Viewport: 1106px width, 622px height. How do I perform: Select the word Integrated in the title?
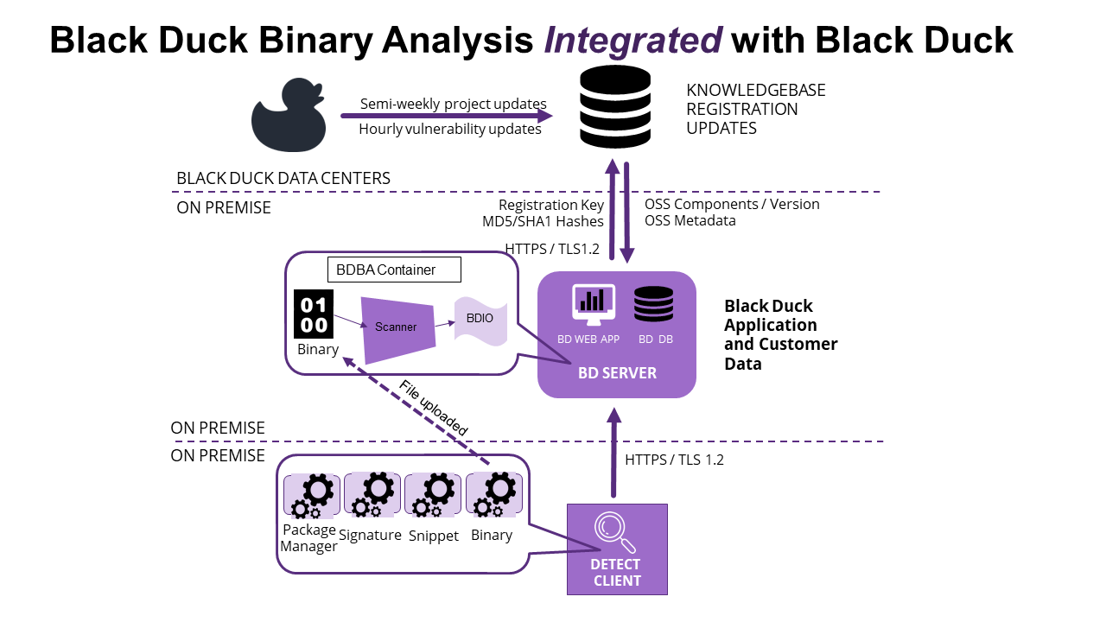coord(633,40)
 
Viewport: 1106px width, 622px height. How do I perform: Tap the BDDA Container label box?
coord(394,270)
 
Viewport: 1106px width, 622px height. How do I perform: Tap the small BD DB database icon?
coord(654,304)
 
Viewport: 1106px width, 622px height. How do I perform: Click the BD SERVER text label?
coord(617,373)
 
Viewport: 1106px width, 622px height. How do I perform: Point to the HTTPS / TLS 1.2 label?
coord(674,460)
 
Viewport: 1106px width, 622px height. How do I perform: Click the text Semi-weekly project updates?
coord(453,105)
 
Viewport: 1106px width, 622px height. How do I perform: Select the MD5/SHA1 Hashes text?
coord(543,222)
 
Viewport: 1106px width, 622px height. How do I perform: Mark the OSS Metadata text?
coord(690,220)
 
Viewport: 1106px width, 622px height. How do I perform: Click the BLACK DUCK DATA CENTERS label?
coord(283,178)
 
